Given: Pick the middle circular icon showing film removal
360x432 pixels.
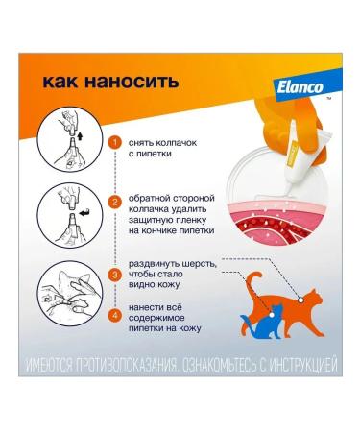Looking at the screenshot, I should [66, 210].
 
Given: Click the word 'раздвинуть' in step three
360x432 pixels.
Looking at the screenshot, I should [158, 261].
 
